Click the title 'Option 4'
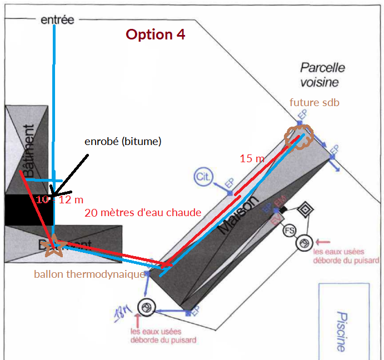[x=155, y=34]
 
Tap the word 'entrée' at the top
[x=57, y=20]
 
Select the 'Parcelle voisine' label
[x=322, y=74]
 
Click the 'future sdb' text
[x=314, y=103]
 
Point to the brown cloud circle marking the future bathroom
[x=300, y=136]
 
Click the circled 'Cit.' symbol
[x=202, y=177]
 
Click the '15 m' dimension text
[x=252, y=158]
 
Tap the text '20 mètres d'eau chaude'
[x=142, y=213]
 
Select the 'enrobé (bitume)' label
[x=123, y=142]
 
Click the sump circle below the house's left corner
[x=147, y=307]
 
